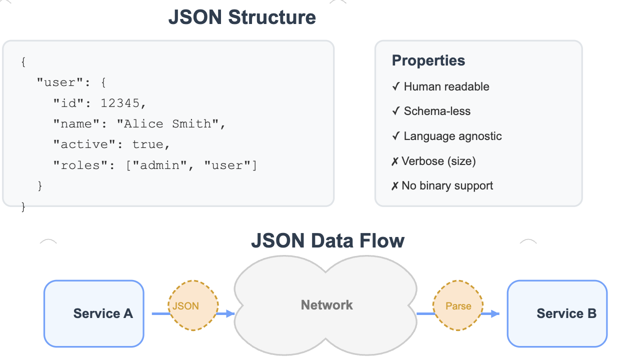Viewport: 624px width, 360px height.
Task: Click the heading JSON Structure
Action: (242, 17)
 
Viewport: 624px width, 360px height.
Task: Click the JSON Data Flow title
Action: (327, 240)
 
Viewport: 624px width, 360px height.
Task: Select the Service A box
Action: (94, 313)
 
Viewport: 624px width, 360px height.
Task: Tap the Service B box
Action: (557, 313)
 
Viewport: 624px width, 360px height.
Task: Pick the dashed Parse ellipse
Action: (458, 306)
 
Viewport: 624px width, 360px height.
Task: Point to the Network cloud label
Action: (326, 305)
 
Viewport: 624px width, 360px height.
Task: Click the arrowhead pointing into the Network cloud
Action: (230, 314)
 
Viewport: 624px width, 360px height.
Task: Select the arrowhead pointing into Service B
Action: (495, 314)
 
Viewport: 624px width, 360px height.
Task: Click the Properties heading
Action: (428, 61)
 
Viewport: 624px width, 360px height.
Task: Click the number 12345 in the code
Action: (120, 103)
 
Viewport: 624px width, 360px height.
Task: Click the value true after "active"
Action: (147, 144)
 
